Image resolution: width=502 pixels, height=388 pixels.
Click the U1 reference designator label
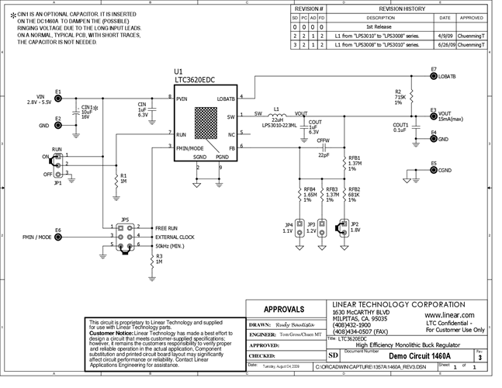click(180, 71)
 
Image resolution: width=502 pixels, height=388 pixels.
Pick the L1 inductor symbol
click(276, 115)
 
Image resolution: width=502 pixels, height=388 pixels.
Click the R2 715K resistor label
click(399, 97)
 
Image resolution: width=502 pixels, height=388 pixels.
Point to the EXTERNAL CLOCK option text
click(176, 236)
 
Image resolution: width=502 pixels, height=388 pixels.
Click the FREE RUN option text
click(168, 227)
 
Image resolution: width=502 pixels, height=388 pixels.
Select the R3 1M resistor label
click(159, 259)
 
